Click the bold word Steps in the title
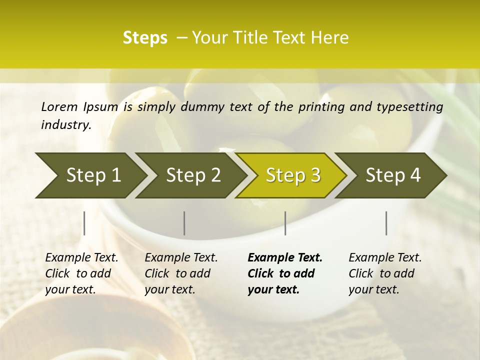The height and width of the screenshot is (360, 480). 145,38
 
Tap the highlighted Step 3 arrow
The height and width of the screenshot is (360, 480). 293,175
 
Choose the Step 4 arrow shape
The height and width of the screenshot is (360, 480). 393,175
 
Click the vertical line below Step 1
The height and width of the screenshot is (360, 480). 84,223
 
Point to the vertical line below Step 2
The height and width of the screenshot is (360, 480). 184,223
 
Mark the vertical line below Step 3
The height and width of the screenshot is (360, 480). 285,223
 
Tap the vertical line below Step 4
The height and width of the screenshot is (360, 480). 386,223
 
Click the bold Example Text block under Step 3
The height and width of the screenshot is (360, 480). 285,273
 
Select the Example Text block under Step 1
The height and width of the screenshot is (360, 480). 81,273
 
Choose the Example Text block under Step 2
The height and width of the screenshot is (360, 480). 181,273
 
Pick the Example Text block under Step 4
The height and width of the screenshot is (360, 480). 385,273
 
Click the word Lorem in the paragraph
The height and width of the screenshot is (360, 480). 59,106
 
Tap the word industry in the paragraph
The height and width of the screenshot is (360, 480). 65,125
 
